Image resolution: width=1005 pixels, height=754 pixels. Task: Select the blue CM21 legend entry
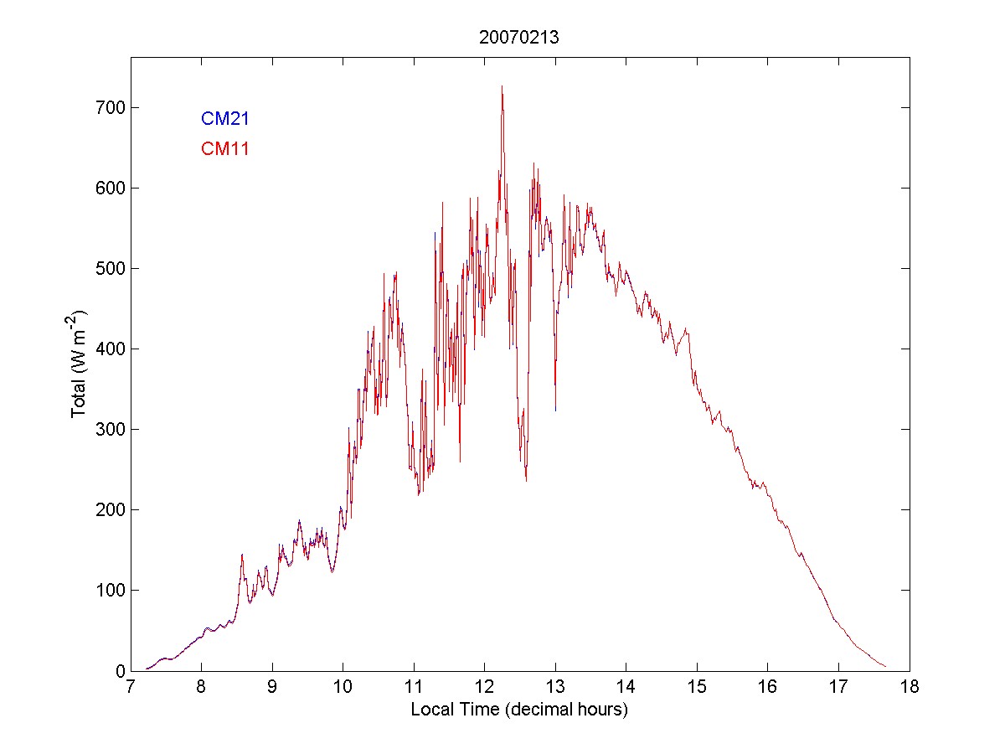[x=225, y=119]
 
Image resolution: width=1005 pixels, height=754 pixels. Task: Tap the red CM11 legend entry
[x=225, y=149]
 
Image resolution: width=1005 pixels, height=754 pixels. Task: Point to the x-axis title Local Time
[x=519, y=710]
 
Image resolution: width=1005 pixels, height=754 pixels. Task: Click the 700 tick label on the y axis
[x=109, y=107]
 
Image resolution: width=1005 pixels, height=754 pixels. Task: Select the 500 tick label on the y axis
[x=109, y=268]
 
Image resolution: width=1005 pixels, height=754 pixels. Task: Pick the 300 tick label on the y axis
[x=109, y=429]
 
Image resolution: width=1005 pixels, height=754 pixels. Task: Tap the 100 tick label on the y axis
[x=109, y=590]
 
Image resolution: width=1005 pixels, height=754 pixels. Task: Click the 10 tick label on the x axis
[x=343, y=688]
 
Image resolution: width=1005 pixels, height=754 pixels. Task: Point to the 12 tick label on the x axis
[x=485, y=688]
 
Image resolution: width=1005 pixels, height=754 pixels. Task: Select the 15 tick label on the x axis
[x=697, y=688]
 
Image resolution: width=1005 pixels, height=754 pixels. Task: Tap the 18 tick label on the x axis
[x=910, y=688]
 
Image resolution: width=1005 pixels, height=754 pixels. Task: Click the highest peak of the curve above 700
[x=502, y=85]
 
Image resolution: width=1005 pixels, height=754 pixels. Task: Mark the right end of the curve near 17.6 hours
[x=885, y=667]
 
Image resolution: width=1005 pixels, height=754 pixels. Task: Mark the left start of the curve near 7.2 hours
[x=146, y=669]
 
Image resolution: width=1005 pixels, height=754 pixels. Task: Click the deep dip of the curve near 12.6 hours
[x=526, y=480]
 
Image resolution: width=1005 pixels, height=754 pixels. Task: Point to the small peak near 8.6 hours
[x=242, y=555]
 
